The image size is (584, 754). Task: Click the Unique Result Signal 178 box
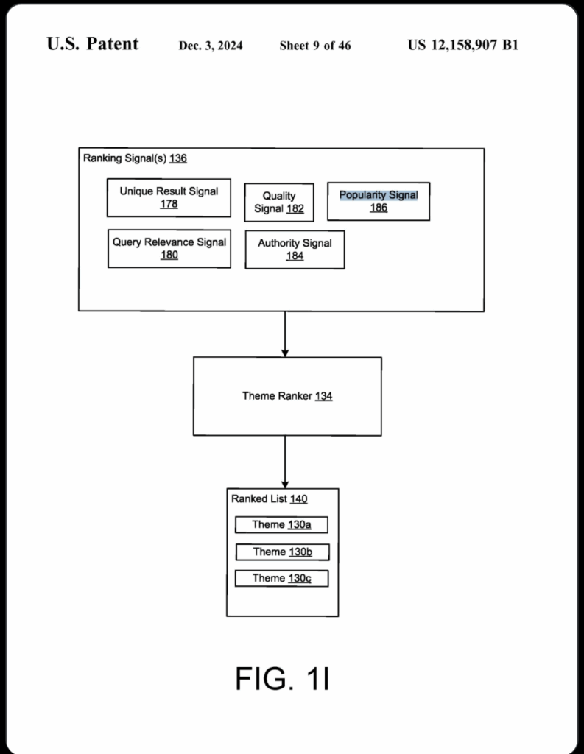coord(169,197)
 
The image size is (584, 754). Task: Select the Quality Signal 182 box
coord(279,202)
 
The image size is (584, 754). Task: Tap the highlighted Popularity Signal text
coord(379,194)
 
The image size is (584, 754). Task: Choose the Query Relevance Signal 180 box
coord(169,249)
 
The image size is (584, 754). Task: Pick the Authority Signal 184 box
coord(295,250)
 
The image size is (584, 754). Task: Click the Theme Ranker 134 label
coord(287,396)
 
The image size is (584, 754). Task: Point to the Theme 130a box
coord(281,524)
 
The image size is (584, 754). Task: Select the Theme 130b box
coord(282,552)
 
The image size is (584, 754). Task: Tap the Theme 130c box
coord(281,579)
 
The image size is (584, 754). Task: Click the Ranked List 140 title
coord(270,499)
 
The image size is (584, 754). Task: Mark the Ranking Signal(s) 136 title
coord(135,158)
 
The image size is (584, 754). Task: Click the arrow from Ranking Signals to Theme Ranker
coord(285,334)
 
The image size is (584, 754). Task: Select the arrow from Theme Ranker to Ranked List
coord(285,462)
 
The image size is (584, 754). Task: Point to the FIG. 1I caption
coord(282,678)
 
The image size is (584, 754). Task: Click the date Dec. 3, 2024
coord(211,46)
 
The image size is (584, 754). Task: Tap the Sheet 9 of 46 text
coord(315,46)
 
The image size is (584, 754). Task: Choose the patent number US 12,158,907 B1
coord(462,45)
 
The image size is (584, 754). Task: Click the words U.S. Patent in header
coord(92,43)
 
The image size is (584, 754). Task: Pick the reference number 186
coord(379,208)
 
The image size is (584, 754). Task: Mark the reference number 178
coord(169,204)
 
